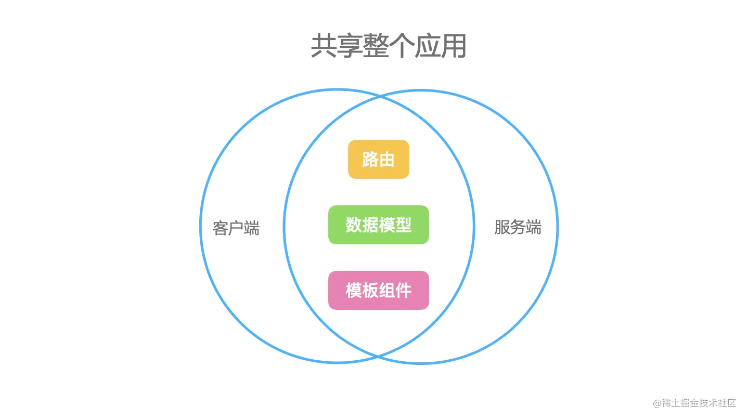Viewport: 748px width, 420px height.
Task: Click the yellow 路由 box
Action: point(378,159)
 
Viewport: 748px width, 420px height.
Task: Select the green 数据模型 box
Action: point(378,225)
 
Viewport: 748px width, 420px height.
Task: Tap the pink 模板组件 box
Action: point(378,290)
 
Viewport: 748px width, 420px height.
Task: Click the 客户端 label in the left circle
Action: point(236,228)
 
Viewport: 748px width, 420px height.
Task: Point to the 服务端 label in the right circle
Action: point(518,227)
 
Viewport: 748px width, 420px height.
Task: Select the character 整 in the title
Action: point(376,46)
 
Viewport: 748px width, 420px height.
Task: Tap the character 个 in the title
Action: point(402,46)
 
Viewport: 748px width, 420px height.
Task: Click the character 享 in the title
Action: point(350,46)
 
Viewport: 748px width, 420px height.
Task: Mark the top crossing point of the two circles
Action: point(380,97)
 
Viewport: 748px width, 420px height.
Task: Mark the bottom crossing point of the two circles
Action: point(378,356)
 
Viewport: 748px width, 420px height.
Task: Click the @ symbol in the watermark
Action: point(657,403)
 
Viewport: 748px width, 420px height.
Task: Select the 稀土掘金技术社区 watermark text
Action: point(699,403)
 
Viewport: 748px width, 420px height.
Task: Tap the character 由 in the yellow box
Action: point(386,159)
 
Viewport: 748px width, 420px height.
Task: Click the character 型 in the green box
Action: point(403,225)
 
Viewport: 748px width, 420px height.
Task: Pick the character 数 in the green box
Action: point(353,225)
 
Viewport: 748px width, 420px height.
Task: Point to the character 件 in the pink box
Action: point(403,290)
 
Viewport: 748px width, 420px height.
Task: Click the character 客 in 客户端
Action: point(221,228)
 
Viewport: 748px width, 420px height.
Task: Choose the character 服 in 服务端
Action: point(502,227)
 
